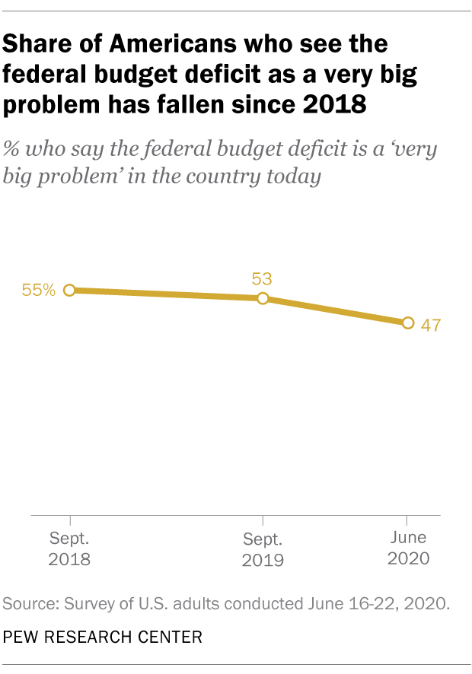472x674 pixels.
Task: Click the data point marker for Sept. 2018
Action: click(69, 290)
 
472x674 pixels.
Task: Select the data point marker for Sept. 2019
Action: click(263, 299)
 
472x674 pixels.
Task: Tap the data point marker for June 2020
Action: click(407, 323)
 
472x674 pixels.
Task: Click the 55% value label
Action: click(39, 290)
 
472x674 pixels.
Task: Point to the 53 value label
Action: click(263, 278)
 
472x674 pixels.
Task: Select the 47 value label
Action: click(431, 325)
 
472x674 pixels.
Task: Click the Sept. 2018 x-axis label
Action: click(69, 549)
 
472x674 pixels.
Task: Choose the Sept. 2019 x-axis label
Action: click(263, 550)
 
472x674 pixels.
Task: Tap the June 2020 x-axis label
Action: click(408, 548)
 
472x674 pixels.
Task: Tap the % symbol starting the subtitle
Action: click(13, 148)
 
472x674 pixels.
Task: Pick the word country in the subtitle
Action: click(218, 177)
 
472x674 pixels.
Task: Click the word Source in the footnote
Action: click(30, 605)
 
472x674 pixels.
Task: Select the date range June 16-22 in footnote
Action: click(352, 605)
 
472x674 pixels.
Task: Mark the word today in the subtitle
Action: click(292, 177)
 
